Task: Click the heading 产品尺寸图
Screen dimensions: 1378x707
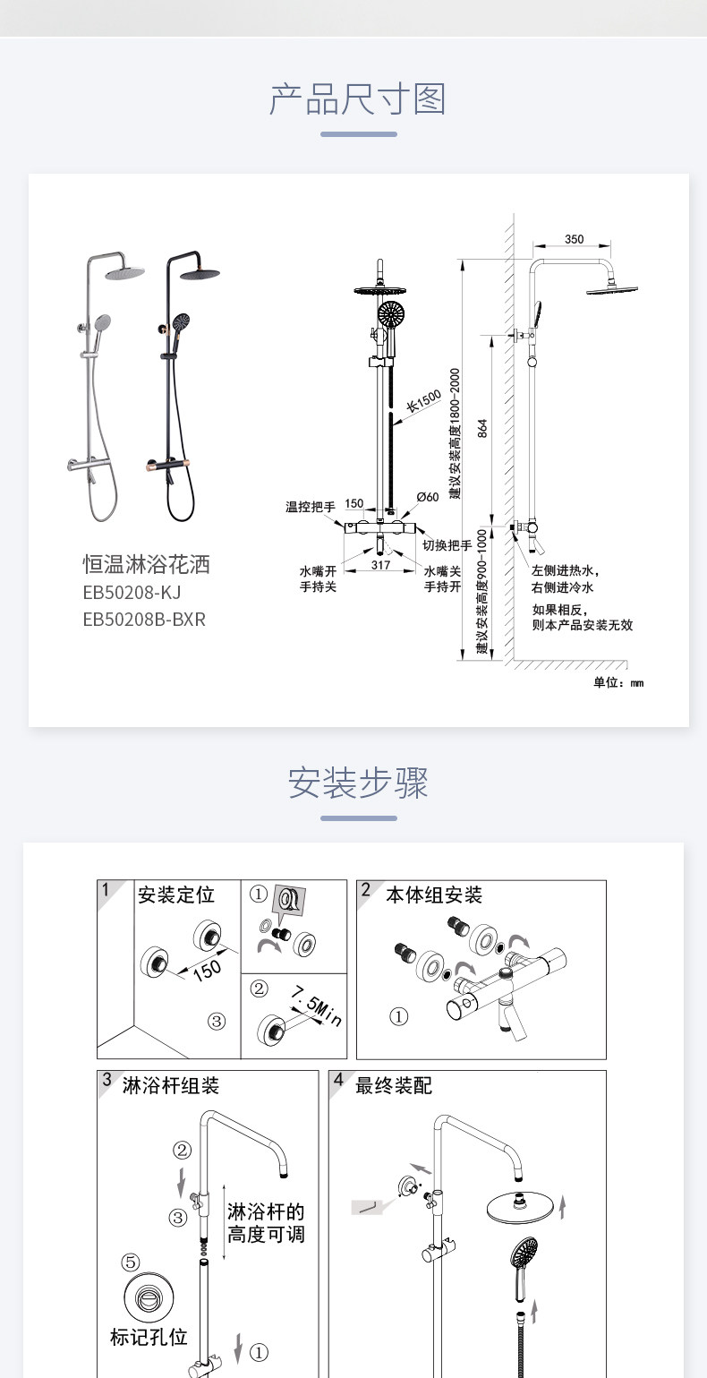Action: pos(358,99)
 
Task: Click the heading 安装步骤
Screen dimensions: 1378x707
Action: pos(358,783)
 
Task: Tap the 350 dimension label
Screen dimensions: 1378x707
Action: pos(575,239)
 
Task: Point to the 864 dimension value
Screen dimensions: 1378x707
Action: pos(483,428)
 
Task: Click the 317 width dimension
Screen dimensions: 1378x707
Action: pos(380,565)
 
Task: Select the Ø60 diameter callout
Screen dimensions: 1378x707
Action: pos(428,497)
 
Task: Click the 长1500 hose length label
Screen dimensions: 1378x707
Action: pos(424,403)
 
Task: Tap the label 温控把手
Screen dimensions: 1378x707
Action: pos(310,508)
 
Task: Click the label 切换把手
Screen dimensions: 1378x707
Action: pos(447,545)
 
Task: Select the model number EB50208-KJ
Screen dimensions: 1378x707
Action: pos(132,593)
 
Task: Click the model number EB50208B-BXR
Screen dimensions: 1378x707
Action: pos(144,619)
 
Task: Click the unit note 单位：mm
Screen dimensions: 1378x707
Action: pos(618,683)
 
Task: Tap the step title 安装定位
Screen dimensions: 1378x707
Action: pos(176,894)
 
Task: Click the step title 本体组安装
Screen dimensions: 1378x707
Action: pos(434,894)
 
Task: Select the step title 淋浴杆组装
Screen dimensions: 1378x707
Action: pos(171,1085)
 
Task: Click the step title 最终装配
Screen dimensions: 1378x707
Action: pos(394,1085)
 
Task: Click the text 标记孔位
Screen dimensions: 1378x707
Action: pos(149,1337)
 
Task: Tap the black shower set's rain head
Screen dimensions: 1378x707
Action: pos(200,272)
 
